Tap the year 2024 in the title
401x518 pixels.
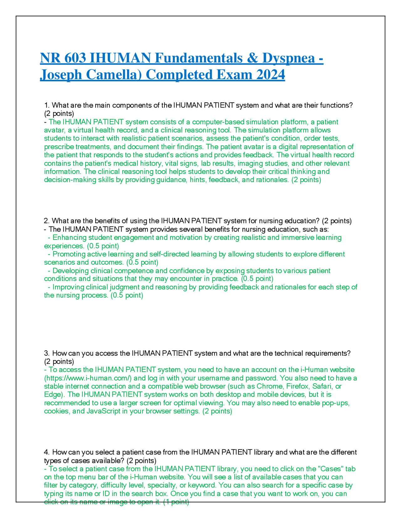(270, 75)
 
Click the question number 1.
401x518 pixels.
(47, 105)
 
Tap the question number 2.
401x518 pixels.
(47, 221)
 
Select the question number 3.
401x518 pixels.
(47, 353)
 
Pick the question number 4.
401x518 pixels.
(47, 452)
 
